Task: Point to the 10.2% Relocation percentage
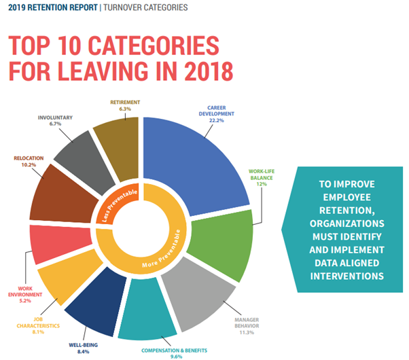[29, 165]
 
